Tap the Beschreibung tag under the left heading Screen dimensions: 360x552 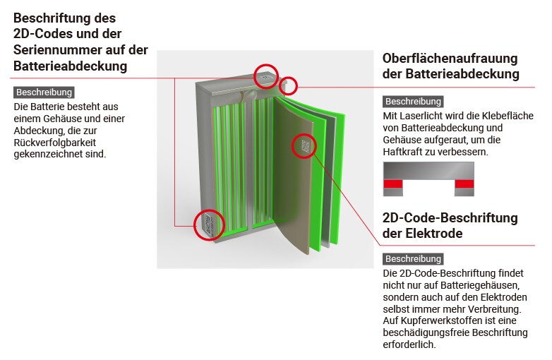tap(44, 92)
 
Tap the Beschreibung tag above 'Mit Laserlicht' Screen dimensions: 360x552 tap(413, 102)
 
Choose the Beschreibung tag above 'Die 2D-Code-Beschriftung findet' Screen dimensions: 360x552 tap(413, 259)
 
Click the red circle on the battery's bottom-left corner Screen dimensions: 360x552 tap(209, 225)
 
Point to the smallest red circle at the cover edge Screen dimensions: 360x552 tap(288, 87)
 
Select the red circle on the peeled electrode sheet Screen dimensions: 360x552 tap(304, 146)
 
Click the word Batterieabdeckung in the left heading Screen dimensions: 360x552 tap(70, 66)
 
